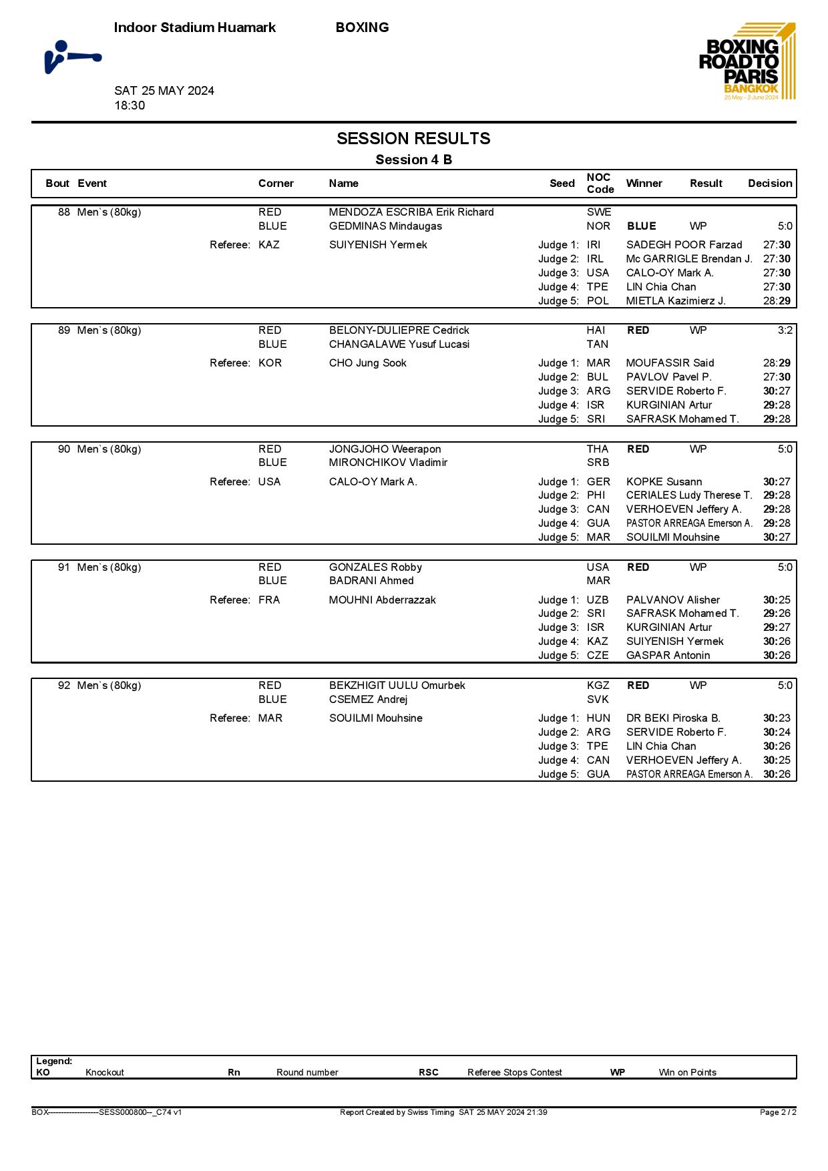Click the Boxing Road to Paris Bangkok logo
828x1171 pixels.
(x=747, y=62)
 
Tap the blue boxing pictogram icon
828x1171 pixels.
(x=72, y=57)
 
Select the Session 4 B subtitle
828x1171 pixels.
(x=413, y=160)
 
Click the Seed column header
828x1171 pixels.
(x=562, y=184)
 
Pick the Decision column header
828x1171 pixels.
(x=770, y=184)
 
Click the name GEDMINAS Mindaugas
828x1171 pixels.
(x=385, y=226)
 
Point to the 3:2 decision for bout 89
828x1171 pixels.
(x=785, y=330)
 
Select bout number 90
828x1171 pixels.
(x=64, y=449)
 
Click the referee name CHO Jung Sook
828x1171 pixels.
(x=367, y=363)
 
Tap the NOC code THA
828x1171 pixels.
(x=598, y=449)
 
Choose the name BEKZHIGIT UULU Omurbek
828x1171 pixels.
(x=397, y=686)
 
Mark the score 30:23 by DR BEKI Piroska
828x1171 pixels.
(x=777, y=718)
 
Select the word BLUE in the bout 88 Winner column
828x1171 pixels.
(x=642, y=226)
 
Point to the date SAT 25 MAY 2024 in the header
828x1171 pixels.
(x=164, y=91)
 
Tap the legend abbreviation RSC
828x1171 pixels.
(x=429, y=1073)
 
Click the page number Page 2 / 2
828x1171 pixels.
(x=778, y=1112)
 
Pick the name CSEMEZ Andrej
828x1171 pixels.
(x=368, y=700)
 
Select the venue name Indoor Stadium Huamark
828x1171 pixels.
(x=195, y=27)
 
